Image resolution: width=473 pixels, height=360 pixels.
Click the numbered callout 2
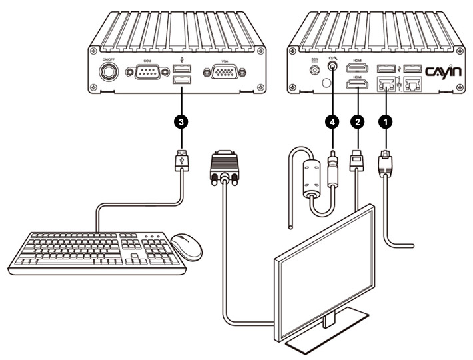[358, 121]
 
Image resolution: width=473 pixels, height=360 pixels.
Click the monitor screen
[326, 273]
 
